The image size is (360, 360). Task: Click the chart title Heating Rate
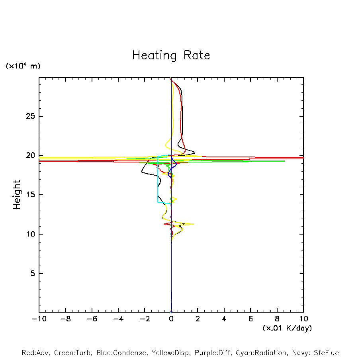click(171, 55)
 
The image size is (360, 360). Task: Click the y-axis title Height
click(16, 195)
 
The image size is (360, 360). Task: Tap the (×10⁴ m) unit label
click(23, 66)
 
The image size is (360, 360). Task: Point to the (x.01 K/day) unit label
click(287, 328)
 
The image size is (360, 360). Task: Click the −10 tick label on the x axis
click(39, 319)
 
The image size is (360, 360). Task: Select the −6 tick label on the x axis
click(92, 319)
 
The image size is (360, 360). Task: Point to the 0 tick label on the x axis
click(171, 319)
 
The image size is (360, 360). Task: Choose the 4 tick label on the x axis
click(224, 319)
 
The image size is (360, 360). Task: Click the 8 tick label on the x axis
click(277, 319)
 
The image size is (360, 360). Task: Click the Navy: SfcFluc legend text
click(315, 353)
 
